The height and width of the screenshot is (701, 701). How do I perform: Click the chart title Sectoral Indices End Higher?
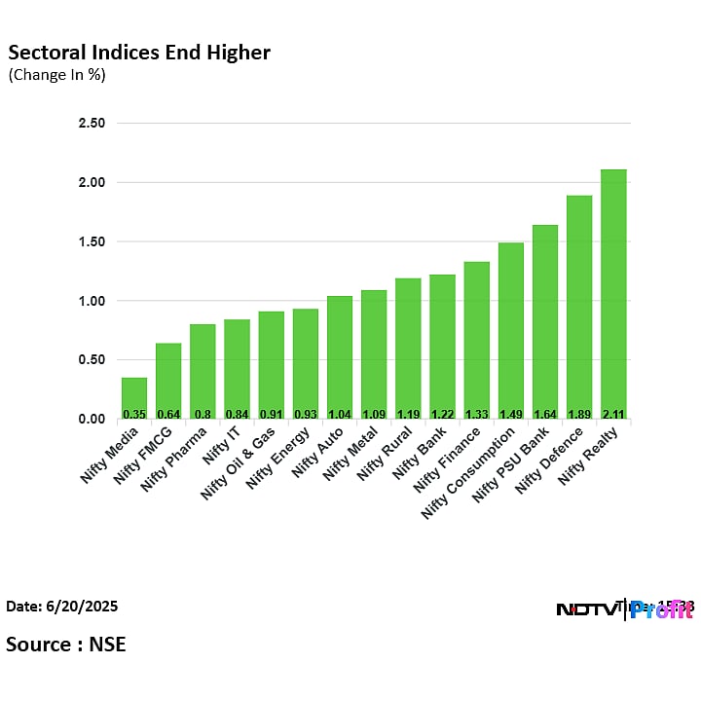click(139, 53)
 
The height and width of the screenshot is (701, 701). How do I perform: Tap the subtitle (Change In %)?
click(56, 75)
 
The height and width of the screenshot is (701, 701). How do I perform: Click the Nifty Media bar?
click(134, 397)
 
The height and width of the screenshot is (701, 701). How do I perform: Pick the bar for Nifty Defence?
click(579, 307)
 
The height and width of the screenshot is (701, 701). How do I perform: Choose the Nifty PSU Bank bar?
click(545, 321)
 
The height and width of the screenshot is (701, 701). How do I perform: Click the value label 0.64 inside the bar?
click(168, 413)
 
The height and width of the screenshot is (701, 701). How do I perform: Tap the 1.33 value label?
click(476, 413)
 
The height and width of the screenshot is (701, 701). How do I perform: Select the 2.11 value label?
click(613, 413)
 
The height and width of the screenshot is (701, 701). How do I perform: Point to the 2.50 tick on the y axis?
click(92, 124)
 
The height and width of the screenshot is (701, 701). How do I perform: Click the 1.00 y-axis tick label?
click(92, 301)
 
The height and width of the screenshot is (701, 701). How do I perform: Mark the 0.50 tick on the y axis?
click(92, 360)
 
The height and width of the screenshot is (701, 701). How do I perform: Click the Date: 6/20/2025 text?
click(62, 607)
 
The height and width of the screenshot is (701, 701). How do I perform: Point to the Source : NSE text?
click(66, 644)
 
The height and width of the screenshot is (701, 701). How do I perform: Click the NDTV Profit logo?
click(623, 609)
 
